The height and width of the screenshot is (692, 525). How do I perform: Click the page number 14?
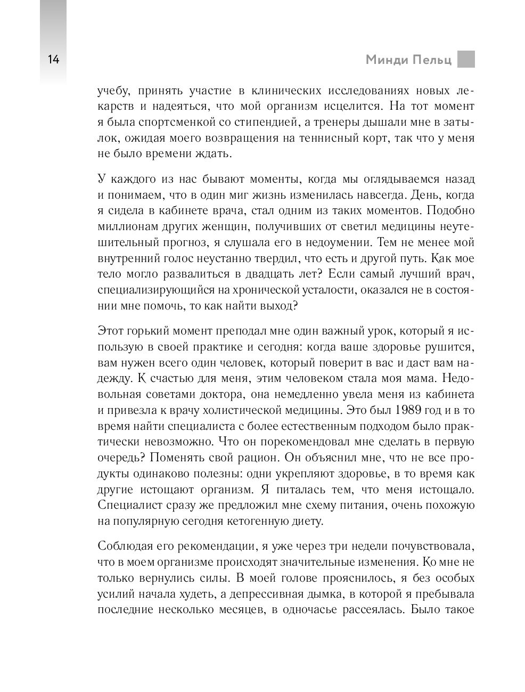click(x=53, y=59)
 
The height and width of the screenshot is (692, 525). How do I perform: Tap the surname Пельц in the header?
click(x=432, y=60)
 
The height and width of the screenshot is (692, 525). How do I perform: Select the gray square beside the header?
click(x=466, y=59)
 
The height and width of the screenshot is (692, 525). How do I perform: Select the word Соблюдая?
click(x=125, y=546)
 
